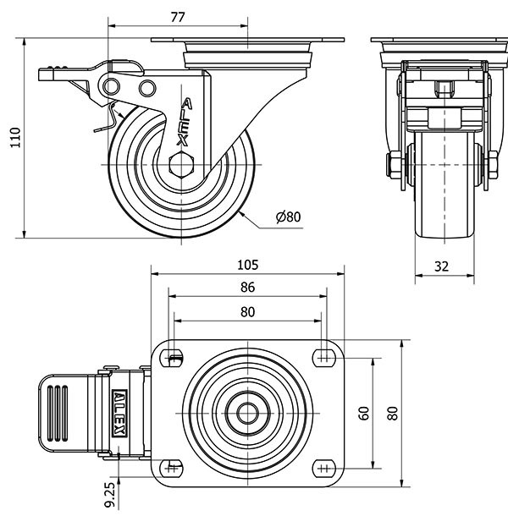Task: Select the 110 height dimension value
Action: tap(14, 137)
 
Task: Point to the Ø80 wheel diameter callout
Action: tap(289, 217)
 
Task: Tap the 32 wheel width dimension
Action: tap(441, 266)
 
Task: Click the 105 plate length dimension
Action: tap(247, 264)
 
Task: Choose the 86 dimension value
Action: tap(247, 287)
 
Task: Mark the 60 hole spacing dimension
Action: tap(364, 413)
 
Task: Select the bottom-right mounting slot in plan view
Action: tap(323, 466)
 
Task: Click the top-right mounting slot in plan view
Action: tap(323, 356)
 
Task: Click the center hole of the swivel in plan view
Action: tap(247, 413)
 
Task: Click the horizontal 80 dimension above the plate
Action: tap(247, 310)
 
